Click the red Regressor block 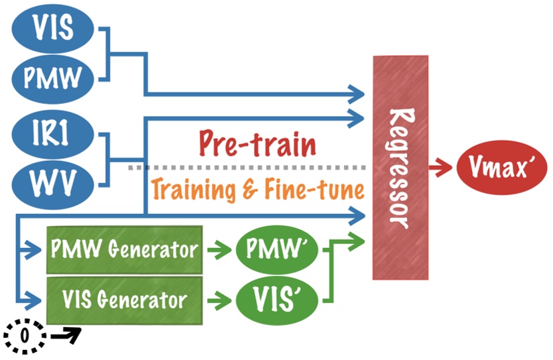pyautogui.click(x=400, y=168)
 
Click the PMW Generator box pyautogui.click(x=124, y=250)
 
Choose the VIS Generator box pyautogui.click(x=124, y=298)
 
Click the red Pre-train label pyautogui.click(x=257, y=144)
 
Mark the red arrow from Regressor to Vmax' pyautogui.click(x=441, y=168)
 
